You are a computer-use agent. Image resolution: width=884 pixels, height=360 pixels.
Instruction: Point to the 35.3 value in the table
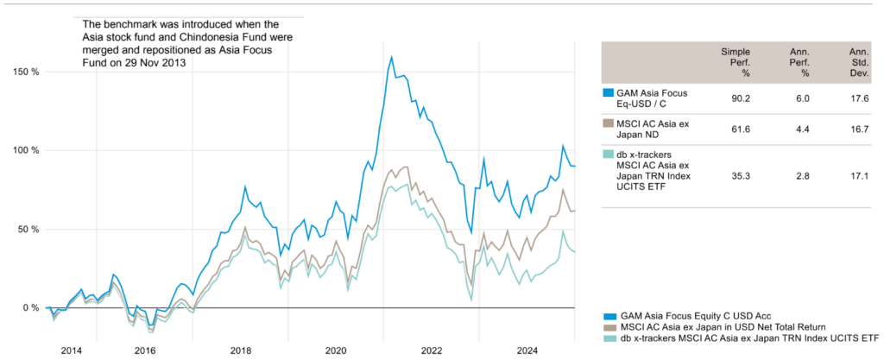tap(740, 170)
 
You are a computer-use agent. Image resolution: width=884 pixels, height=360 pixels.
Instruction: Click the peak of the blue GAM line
tap(392, 57)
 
